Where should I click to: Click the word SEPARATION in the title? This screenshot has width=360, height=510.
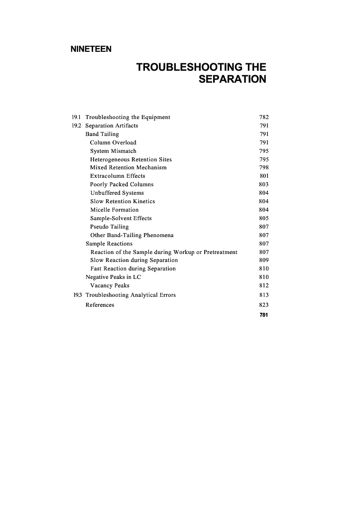click(232, 79)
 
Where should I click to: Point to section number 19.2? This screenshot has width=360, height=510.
click(77, 126)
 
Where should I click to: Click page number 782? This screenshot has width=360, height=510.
click(264, 118)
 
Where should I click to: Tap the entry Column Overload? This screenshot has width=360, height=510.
click(113, 142)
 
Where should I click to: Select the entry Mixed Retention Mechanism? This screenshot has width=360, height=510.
click(128, 167)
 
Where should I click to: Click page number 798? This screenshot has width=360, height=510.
click(264, 167)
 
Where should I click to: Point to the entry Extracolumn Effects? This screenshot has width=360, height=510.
click(118, 176)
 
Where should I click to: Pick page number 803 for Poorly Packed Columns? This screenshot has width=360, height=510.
click(264, 184)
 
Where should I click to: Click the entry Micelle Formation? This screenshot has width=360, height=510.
click(114, 210)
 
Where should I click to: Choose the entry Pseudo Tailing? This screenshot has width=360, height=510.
click(109, 227)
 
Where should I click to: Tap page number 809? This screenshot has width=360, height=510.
click(264, 260)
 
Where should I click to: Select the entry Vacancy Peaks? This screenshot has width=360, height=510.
click(110, 285)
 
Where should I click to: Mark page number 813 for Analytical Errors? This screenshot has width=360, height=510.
click(264, 295)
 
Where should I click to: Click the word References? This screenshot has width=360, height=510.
click(100, 305)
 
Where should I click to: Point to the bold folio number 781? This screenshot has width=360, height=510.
click(264, 315)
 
